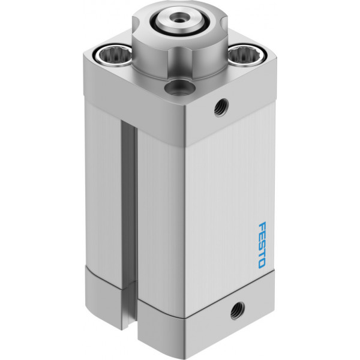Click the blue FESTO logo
tap(262, 245)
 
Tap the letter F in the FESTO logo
tap(262, 226)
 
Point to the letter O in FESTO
tap(262, 264)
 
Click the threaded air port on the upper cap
tap(221, 107)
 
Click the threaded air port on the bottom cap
tap(237, 311)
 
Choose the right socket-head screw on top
tap(247, 55)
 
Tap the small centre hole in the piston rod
tap(178, 20)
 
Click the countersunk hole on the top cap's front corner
tap(179, 88)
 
